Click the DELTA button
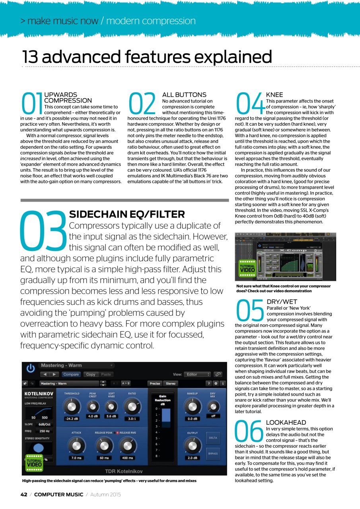coord(213,438)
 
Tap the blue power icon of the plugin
coord(30,368)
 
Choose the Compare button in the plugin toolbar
coord(71,374)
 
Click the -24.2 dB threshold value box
coord(72,419)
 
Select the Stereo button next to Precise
coord(171,384)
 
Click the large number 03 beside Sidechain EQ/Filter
coord(43,231)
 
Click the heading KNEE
coord(274,95)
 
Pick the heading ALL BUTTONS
coord(184,95)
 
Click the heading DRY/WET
coord(282,302)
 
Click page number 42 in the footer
coord(23,494)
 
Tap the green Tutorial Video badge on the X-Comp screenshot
coord(247,268)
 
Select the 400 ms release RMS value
coord(128,458)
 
